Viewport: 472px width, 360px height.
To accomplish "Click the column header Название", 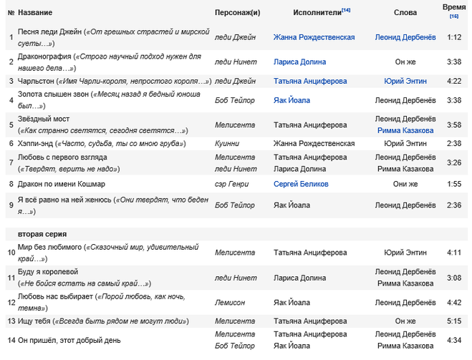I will coord(35,13).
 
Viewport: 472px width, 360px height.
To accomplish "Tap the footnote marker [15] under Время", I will coord(453,16).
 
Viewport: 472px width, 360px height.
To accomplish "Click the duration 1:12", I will coord(453,37).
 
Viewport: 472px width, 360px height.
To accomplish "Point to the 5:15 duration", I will coord(453,321).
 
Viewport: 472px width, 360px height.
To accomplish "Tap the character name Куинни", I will coord(227,143).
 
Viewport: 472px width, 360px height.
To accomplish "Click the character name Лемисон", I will coord(230,302).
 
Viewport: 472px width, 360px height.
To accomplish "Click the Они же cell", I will coord(405,184).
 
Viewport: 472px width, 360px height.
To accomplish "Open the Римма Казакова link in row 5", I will coord(405,130).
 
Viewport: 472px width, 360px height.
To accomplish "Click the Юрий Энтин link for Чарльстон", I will coord(405,81).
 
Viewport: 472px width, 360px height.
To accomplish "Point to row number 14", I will coord(11,341).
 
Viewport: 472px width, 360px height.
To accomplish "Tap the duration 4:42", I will coord(453,302).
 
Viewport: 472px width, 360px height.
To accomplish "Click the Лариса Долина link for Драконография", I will coord(299,62).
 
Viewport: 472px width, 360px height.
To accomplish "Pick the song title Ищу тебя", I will coord(34,321).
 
